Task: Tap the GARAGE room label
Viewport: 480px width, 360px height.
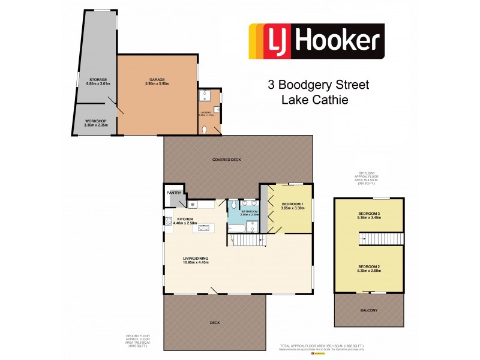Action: click(157, 79)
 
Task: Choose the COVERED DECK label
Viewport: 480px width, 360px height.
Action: click(238, 160)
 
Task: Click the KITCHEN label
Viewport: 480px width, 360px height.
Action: click(184, 220)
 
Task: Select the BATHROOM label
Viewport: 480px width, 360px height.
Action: click(250, 211)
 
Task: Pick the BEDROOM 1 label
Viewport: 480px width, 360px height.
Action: click(293, 205)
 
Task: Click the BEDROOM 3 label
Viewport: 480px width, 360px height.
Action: click(369, 214)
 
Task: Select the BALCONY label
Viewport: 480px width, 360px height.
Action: click(369, 310)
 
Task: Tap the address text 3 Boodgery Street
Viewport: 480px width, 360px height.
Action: click(318, 85)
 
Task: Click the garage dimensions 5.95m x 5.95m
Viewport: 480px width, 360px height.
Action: click(157, 84)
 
